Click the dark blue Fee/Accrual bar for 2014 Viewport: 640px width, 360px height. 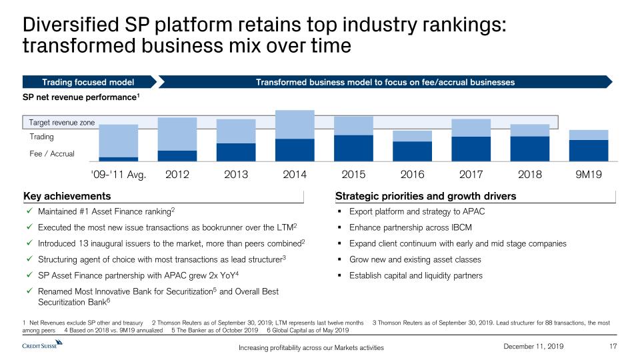tap(295, 149)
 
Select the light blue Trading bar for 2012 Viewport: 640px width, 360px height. tap(177, 133)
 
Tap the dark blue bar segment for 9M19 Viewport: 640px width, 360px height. tap(588, 150)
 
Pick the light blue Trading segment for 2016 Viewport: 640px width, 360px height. tap(412, 136)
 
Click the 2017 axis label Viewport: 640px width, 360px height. tap(471, 175)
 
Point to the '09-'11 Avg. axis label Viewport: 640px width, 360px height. tap(118, 175)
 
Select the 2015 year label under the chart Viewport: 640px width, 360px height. tap(353, 175)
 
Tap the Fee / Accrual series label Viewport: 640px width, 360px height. tap(53, 154)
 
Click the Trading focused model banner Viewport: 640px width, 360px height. tap(89, 82)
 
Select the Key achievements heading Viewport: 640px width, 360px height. tap(67, 196)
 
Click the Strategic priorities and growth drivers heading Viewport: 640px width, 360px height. tap(425, 196)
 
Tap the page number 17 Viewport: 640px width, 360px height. tap(615, 345)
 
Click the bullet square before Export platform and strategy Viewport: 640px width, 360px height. tap(340, 212)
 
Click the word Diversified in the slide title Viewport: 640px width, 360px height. tap(68, 25)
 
